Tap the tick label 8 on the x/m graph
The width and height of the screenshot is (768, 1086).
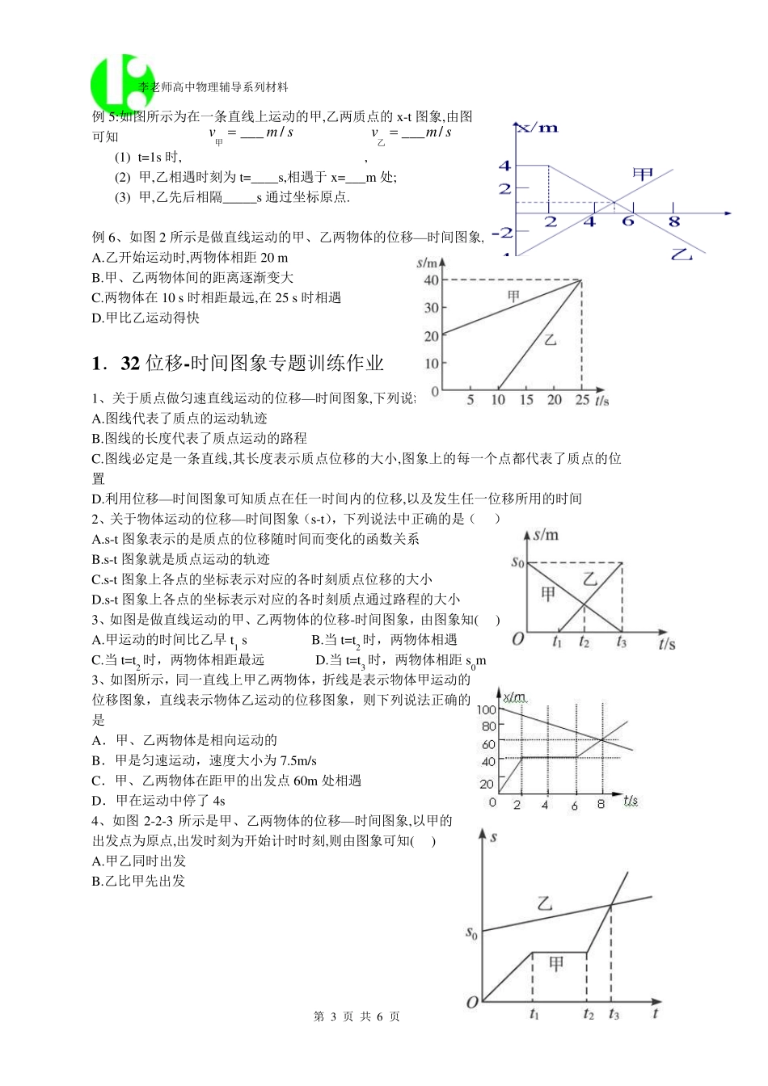(x=673, y=221)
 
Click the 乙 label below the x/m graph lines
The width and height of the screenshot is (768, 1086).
(x=682, y=254)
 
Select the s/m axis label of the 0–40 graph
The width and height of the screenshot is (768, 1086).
(x=428, y=263)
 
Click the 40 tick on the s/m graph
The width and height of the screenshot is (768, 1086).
(x=431, y=280)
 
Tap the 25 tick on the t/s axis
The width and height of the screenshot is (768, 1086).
(x=581, y=400)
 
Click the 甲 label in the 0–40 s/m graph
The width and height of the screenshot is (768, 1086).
(x=513, y=297)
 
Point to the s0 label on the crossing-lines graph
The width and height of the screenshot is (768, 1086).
(x=518, y=562)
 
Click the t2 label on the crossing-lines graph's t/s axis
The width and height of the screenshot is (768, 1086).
(x=584, y=642)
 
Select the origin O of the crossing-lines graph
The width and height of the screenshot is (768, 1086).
(x=518, y=639)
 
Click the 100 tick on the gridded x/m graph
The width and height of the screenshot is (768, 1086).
(x=486, y=709)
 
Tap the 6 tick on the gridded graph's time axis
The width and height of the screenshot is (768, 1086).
(x=574, y=805)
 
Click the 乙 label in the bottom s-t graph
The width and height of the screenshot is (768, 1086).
(x=545, y=903)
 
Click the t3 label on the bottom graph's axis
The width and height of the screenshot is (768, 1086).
(x=614, y=1014)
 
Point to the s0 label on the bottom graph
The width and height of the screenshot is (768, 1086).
(x=472, y=933)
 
